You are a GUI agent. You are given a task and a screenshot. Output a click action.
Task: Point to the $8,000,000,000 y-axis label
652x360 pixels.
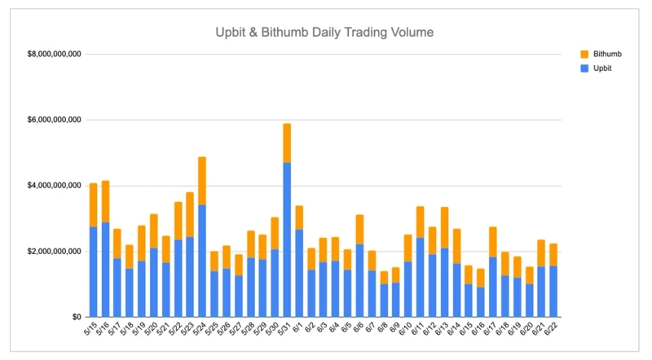54,55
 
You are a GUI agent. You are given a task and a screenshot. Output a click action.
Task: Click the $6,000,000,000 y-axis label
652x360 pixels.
54,120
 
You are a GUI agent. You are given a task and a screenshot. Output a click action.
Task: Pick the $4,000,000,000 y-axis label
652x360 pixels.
54,186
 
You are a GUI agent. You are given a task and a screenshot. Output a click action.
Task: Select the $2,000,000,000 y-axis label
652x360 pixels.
54,251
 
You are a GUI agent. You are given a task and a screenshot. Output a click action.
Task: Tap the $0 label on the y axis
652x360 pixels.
76,317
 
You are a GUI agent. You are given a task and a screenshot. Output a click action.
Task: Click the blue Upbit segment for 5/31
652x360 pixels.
287,240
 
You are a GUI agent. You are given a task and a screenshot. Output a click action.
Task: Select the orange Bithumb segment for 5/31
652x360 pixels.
287,143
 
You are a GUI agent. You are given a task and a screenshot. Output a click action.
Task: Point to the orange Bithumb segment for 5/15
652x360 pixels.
93,204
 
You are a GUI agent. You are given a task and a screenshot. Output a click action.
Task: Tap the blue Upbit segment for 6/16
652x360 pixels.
482,301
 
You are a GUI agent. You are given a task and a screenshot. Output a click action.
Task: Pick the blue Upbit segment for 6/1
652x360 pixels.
299,273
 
